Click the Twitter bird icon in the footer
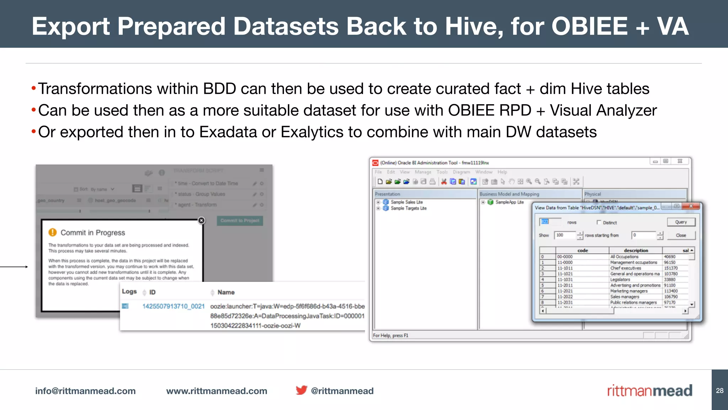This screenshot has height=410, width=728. (301, 390)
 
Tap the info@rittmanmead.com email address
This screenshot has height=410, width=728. (85, 391)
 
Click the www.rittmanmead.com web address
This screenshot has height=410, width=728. (216, 391)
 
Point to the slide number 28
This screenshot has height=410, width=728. (719, 390)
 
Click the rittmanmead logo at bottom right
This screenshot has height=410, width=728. (649, 390)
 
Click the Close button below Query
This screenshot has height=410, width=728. (681, 235)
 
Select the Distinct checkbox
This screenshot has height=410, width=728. (599, 222)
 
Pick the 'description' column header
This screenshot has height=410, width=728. (636, 251)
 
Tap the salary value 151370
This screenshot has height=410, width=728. (671, 268)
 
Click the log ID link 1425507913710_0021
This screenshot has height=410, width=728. (173, 306)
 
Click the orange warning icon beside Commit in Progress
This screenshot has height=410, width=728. (53, 232)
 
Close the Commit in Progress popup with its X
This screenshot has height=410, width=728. (202, 220)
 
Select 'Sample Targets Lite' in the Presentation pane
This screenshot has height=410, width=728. (408, 208)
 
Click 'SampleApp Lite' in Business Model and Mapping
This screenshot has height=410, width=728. (509, 202)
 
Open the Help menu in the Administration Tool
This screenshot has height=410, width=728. (502, 172)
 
